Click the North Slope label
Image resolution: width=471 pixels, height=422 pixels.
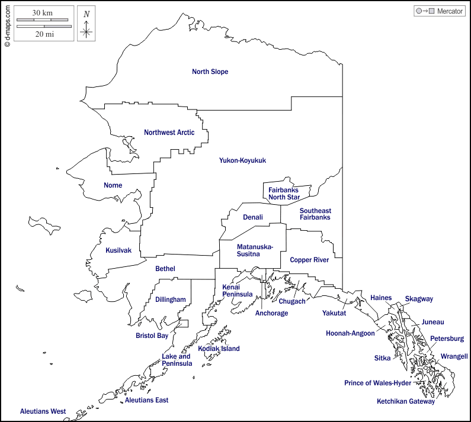point(210,72)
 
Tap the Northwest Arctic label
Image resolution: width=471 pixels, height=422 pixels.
point(169,133)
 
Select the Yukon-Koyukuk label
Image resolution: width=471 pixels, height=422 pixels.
point(242,160)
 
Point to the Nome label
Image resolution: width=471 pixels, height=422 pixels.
point(113,185)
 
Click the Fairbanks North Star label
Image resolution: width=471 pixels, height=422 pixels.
point(284,194)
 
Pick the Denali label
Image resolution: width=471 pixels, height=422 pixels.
point(252,217)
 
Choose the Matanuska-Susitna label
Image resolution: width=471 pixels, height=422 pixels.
point(255,250)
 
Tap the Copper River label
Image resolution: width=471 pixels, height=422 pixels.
point(309,260)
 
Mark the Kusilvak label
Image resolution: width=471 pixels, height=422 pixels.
point(118,250)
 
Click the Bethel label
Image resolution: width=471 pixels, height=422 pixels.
point(165,269)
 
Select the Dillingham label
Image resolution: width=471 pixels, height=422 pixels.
point(171,299)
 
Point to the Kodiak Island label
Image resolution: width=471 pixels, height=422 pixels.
point(219,349)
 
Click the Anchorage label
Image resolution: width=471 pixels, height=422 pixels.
point(271,313)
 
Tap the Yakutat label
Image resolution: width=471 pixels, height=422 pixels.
point(334,313)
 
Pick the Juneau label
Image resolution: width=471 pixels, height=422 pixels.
point(432,322)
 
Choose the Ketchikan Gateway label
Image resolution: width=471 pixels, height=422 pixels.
point(406,401)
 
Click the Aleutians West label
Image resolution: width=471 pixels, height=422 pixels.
point(43,411)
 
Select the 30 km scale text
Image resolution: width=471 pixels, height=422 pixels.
point(43,13)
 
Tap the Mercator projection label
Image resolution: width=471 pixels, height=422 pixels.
point(450,11)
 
